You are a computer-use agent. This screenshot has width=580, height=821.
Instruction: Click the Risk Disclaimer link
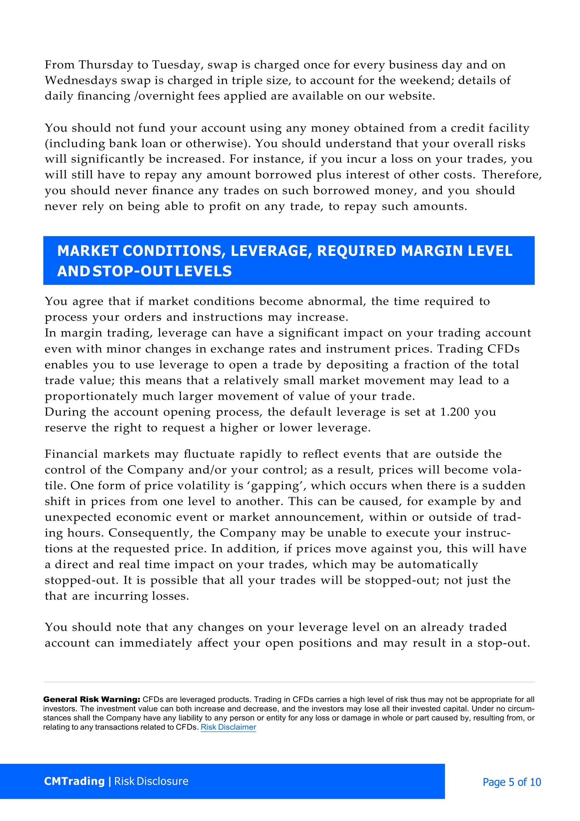[x=228, y=727]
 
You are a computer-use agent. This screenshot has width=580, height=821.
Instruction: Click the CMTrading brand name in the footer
[x=74, y=781]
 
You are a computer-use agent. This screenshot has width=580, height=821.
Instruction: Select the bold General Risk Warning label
[x=91, y=699]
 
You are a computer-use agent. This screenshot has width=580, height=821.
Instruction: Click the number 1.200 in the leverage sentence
[x=455, y=412]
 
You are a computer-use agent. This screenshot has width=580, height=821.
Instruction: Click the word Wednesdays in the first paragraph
[x=81, y=80]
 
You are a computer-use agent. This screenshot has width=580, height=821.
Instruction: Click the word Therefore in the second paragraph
[x=511, y=175]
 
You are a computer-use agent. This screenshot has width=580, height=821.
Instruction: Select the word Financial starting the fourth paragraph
[x=71, y=454]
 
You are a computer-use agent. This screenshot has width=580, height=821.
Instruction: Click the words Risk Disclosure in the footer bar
[x=151, y=781]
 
